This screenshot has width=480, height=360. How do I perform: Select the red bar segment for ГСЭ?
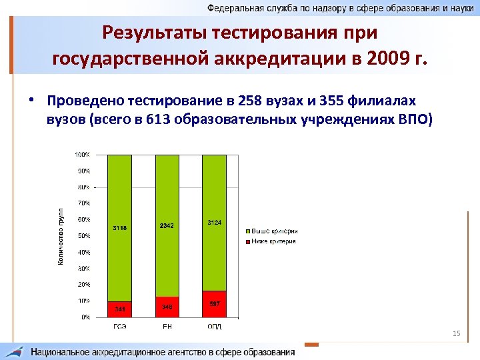[x=120, y=309]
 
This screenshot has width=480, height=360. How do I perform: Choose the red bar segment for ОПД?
[x=214, y=304]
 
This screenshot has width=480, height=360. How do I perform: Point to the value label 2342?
[x=167, y=226]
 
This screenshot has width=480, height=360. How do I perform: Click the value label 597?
[x=214, y=303]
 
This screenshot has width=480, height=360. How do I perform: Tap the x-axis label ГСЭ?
[x=120, y=327]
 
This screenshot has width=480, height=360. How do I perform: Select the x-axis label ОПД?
[x=214, y=327]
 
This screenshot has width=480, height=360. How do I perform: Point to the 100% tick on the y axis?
[x=82, y=155]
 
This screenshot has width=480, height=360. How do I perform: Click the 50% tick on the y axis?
[x=83, y=236]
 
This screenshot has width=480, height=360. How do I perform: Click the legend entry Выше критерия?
[x=274, y=231]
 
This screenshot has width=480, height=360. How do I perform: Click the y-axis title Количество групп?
[x=60, y=236]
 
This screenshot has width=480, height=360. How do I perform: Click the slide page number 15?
[x=457, y=333]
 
